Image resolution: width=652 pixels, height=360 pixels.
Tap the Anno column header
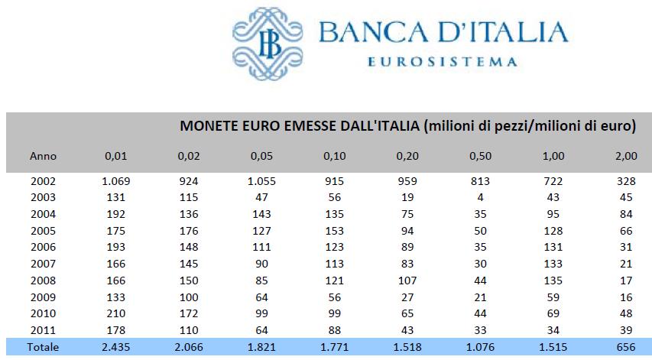[43, 156]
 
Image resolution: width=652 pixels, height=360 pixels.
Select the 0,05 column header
[261, 156]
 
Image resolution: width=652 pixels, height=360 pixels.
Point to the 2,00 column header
[625, 156]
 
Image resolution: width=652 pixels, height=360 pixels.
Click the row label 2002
[43, 181]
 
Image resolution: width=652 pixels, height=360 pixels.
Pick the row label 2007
[43, 264]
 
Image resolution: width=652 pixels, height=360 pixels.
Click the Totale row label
[43, 347]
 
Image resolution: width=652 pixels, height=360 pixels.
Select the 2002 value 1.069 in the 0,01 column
[116, 181]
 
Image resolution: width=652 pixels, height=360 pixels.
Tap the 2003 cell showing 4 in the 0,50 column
[479, 198]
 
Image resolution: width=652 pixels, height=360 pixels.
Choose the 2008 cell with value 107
[407, 281]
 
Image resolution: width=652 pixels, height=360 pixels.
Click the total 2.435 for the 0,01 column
[116, 347]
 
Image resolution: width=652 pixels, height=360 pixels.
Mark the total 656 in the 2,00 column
[625, 347]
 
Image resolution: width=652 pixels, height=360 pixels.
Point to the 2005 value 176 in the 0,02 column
[189, 231]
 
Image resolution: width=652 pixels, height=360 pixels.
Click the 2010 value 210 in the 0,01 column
[116, 313]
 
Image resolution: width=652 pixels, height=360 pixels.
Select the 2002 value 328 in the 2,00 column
[625, 181]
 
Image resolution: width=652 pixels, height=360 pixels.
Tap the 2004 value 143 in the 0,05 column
[261, 214]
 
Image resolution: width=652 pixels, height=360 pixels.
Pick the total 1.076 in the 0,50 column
[479, 347]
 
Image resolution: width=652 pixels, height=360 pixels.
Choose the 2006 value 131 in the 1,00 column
[553, 248]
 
